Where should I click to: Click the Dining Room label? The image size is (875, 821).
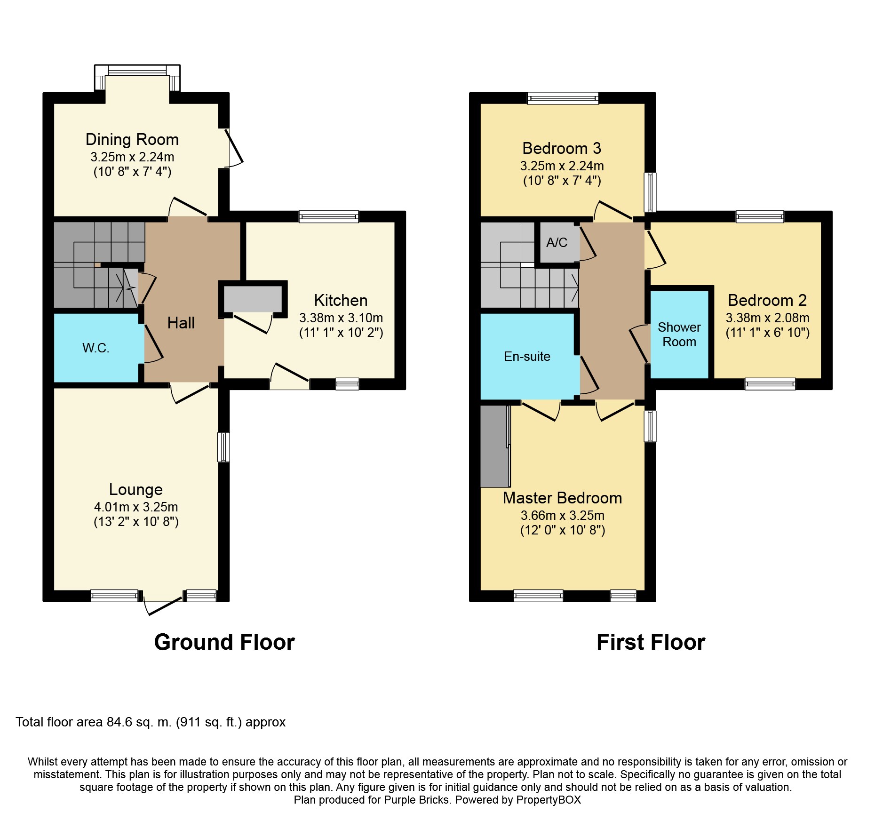pos(132,140)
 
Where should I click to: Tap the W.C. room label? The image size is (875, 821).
pos(96,348)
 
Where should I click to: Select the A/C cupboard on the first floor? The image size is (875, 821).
pos(557,242)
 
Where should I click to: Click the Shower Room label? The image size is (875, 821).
pos(679,335)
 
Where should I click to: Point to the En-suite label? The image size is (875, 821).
pos(527,357)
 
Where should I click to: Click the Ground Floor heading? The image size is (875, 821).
pos(224,642)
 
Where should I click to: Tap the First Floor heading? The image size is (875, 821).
pos(651,642)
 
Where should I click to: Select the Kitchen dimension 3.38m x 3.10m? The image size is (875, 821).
pos(341,318)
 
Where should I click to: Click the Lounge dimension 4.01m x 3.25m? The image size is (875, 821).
pos(136,507)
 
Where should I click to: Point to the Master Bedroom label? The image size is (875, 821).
pos(563,498)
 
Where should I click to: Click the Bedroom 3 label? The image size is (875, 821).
pos(562,149)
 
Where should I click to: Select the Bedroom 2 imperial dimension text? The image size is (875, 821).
pos(768,333)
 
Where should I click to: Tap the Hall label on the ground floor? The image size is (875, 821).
pos(181,323)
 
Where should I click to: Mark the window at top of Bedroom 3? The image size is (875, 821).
pos(563,98)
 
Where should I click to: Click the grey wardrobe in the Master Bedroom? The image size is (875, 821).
pos(495,446)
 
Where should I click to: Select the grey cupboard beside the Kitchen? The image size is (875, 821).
pos(253,298)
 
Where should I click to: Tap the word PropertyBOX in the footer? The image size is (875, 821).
pos(549,800)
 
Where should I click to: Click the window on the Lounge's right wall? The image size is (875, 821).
pos(223,447)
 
